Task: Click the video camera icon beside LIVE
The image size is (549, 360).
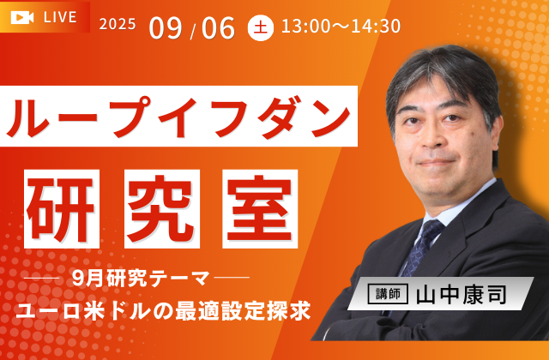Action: [22, 17]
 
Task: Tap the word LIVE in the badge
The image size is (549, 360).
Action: [60, 17]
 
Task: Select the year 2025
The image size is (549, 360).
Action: [118, 25]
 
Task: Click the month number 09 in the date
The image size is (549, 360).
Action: [166, 27]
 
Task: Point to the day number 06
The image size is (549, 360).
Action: [218, 27]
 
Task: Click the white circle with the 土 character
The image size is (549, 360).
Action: [261, 27]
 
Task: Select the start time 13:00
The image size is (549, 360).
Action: [304, 27]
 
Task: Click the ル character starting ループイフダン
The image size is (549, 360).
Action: [27, 117]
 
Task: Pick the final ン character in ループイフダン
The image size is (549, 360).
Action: [330, 117]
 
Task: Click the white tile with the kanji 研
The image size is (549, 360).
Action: [62, 209]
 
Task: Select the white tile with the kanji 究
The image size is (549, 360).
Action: [162, 209]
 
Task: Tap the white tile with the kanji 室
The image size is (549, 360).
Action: [260, 209]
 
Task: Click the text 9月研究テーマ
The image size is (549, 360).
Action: [141, 279]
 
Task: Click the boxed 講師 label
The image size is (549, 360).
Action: [388, 294]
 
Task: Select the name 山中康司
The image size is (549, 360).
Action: [462, 295]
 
